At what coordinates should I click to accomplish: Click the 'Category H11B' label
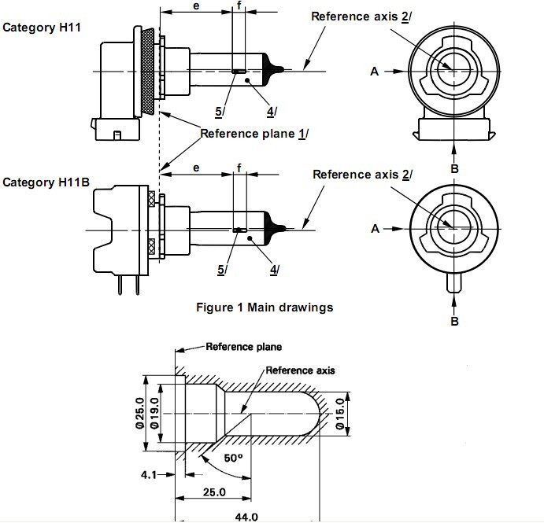(46, 182)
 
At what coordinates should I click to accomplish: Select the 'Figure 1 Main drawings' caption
(265, 307)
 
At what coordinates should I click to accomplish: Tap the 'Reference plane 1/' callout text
(253, 133)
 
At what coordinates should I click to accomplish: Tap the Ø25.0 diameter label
(139, 413)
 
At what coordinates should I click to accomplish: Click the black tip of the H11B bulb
(276, 228)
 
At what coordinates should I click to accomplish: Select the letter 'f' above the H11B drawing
(239, 168)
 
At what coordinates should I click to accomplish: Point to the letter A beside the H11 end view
(374, 71)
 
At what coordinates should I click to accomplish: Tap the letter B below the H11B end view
(453, 321)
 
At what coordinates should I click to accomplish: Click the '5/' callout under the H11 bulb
(220, 111)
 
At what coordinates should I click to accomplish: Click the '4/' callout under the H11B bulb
(275, 269)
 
